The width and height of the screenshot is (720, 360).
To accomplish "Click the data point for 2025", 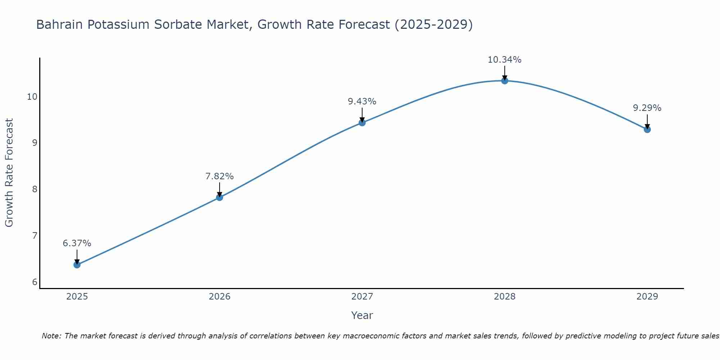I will click(77, 265).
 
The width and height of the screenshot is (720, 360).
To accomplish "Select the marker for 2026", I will click(220, 197).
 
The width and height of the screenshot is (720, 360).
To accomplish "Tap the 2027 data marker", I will click(362, 123).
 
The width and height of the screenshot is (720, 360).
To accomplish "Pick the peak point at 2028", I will click(505, 81).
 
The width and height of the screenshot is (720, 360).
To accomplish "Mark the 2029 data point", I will click(647, 129).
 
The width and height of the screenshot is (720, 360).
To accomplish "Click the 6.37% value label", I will click(77, 243).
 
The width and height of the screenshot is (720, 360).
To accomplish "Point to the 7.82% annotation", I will click(220, 176).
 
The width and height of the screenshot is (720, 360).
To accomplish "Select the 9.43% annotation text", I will click(362, 102).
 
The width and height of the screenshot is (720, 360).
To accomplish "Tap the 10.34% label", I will click(505, 60).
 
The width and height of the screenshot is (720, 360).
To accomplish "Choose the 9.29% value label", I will click(647, 108).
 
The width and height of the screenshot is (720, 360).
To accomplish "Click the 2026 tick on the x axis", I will click(220, 297).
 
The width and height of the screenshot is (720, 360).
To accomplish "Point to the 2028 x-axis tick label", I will click(505, 297).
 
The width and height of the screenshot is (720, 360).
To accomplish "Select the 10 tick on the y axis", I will click(32, 96).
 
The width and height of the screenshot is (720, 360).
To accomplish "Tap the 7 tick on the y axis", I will click(35, 236).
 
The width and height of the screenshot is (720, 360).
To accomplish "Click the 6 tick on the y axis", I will click(35, 282).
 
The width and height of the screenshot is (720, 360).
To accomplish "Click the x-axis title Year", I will click(362, 315).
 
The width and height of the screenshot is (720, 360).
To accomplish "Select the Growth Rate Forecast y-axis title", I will click(9, 173).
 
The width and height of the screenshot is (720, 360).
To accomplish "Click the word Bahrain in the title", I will click(60, 24).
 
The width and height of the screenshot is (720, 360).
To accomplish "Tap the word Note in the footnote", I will click(51, 336).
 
